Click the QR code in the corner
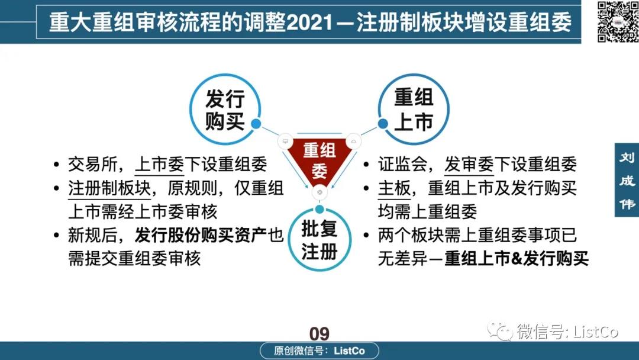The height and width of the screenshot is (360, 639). click(618, 21)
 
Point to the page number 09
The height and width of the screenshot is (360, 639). click(319, 333)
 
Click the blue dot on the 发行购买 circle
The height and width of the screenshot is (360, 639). click(256, 124)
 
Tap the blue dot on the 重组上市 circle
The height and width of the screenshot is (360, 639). click(383, 124)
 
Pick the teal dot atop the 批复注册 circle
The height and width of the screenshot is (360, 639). click(319, 209)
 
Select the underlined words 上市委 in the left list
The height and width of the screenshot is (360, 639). click(159, 165)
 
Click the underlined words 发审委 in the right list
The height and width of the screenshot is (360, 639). click(469, 165)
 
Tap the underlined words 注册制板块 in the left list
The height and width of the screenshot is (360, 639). click(109, 188)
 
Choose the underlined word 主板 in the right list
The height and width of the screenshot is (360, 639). click(394, 188)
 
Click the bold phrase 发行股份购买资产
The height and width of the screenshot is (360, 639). click(201, 235)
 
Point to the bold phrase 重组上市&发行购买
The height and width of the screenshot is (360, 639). click(517, 259)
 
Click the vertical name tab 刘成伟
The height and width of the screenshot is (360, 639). click(627, 180)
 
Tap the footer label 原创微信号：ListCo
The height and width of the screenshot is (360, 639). click(319, 351)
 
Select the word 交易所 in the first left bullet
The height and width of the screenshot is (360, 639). click(93, 165)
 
